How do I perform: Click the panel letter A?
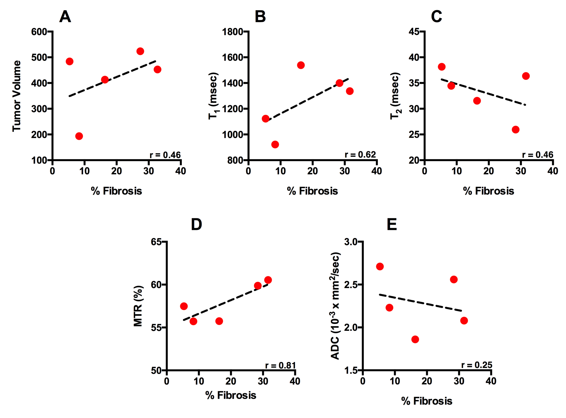[65, 16]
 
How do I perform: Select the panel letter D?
[196, 225]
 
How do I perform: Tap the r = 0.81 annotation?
[281, 365]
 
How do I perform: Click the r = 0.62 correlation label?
[360, 155]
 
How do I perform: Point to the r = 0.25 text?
[477, 365]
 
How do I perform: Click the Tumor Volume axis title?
[16, 96]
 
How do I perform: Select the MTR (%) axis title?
[138, 306]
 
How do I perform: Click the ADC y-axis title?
[335, 306]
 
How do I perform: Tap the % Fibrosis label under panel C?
[488, 191]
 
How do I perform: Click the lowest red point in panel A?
[79, 136]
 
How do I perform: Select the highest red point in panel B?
[301, 65]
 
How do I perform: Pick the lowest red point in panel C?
[515, 130]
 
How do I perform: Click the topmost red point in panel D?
[268, 280]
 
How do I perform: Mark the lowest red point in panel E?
[415, 339]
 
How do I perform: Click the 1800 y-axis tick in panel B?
[233, 32]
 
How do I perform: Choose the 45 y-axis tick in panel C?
[414, 32]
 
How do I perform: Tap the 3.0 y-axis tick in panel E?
[351, 242]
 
